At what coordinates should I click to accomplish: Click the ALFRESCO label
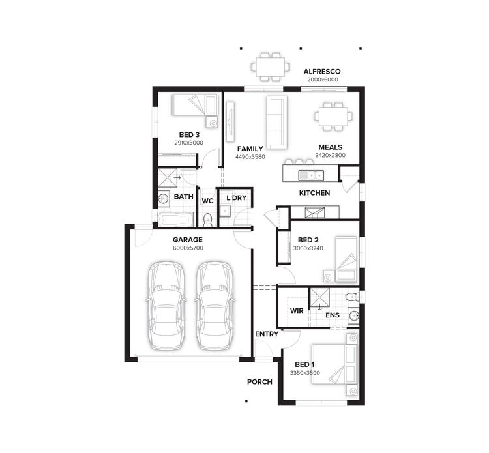pyautogui.click(x=322, y=72)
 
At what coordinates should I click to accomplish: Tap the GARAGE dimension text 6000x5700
pyautogui.click(x=188, y=248)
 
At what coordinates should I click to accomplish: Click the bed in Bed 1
pyautogui.click(x=334, y=364)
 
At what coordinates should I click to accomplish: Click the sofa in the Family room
pyautogui.click(x=276, y=121)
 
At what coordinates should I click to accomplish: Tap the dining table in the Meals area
pyautogui.click(x=333, y=116)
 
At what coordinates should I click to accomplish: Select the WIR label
pyautogui.click(x=296, y=310)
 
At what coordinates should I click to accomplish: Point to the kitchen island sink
pyautogui.click(x=312, y=174)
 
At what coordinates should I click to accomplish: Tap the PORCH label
pyautogui.click(x=259, y=382)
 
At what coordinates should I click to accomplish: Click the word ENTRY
pyautogui.click(x=267, y=334)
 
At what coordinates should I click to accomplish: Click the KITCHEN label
pyautogui.click(x=314, y=193)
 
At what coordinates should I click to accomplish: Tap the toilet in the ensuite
pyautogui.click(x=353, y=297)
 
